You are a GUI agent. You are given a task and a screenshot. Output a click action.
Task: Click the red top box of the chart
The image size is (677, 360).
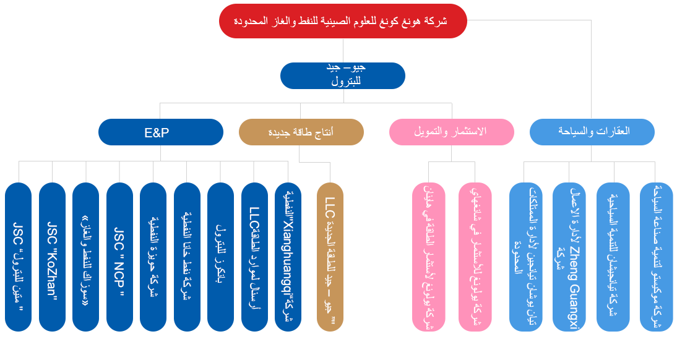(342, 21)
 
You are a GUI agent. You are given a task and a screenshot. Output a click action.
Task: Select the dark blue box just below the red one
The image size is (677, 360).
(342, 75)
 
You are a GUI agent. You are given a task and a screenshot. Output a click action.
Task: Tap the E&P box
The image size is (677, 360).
(160, 132)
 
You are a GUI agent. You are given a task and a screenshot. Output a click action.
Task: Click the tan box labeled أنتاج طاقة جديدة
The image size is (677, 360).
(301, 132)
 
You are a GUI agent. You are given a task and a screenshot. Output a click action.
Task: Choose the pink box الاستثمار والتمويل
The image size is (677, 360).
(451, 132)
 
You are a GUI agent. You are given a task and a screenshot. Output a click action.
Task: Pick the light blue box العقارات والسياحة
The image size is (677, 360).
(592, 132)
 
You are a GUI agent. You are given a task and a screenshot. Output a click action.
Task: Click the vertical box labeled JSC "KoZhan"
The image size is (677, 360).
(52, 256)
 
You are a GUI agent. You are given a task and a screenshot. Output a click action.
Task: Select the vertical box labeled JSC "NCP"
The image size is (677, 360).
(119, 256)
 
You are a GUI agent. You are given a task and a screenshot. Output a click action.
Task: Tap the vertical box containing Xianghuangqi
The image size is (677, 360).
(288, 256)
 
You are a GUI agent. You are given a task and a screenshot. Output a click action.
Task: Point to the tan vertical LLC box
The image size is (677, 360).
(330, 256)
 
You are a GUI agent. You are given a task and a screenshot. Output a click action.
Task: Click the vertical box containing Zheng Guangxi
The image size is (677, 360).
(569, 256)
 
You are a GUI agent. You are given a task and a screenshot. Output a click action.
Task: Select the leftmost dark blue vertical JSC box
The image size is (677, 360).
(19, 256)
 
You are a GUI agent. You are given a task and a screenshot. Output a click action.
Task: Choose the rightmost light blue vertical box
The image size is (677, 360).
(656, 256)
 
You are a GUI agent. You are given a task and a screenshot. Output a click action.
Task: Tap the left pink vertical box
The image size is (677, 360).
(428, 256)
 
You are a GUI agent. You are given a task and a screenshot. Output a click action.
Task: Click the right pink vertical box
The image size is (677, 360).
(475, 256)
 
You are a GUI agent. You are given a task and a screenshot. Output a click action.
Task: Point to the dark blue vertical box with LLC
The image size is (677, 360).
(254, 256)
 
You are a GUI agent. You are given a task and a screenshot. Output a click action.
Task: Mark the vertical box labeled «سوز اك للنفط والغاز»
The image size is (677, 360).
(85, 256)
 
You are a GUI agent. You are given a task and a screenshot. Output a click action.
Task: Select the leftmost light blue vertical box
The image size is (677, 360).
(525, 256)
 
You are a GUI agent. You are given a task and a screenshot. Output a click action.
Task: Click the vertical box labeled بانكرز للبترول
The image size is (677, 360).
(220, 256)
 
